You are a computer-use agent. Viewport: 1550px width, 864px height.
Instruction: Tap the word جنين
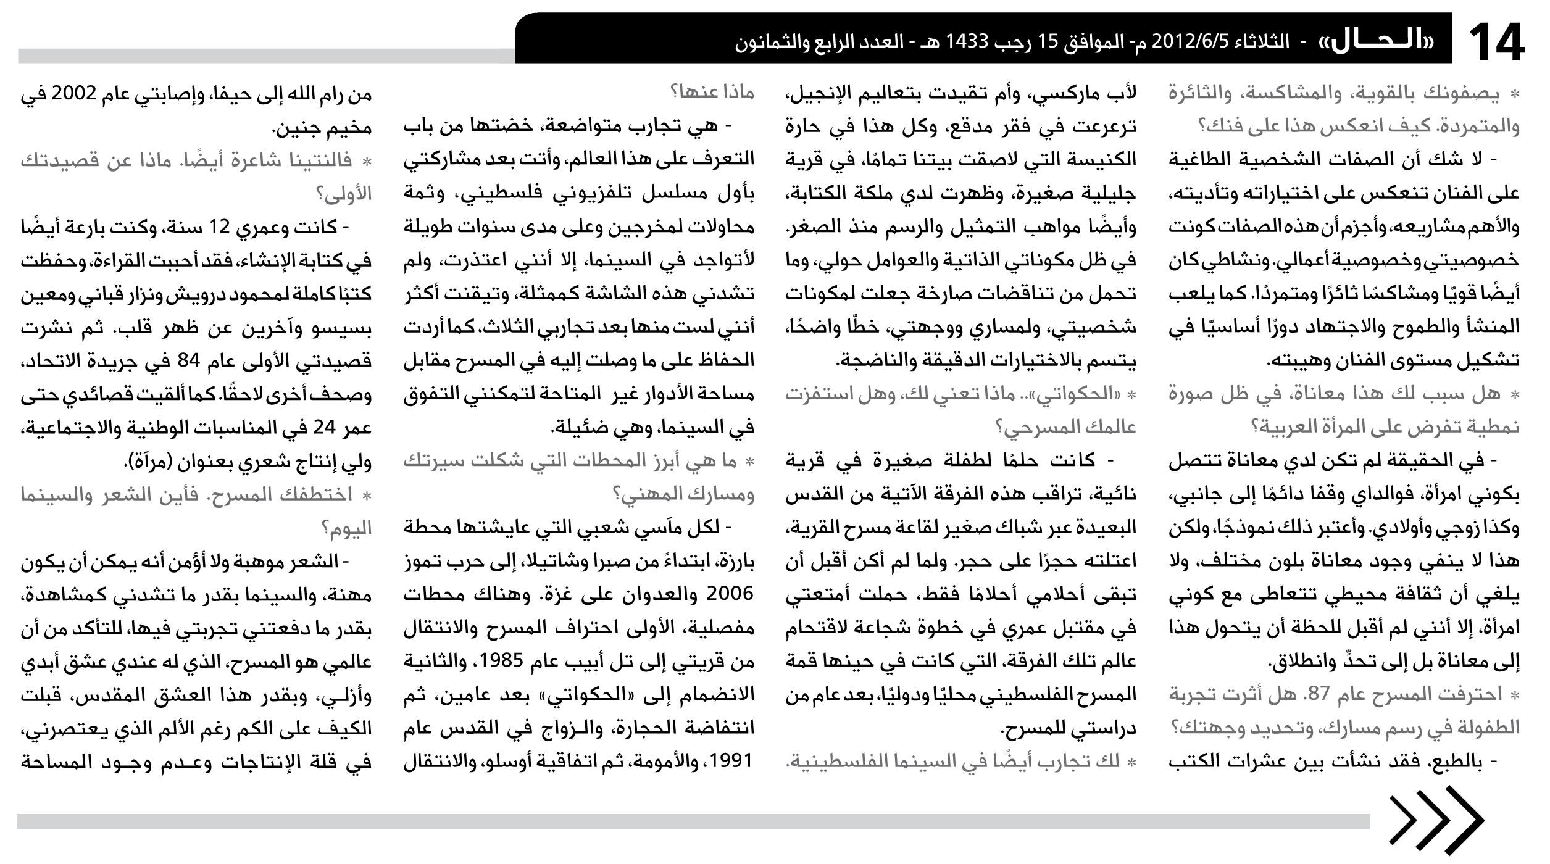click(297, 129)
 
